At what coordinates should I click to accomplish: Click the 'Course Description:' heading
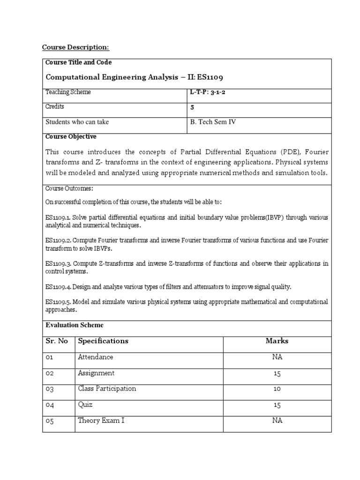click(x=75, y=47)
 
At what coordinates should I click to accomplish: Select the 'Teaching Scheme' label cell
click(x=68, y=92)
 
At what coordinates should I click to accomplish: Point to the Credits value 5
click(x=192, y=107)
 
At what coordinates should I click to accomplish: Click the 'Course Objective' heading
click(x=71, y=137)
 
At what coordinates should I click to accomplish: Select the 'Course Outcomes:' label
click(x=69, y=188)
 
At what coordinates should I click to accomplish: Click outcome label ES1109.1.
click(x=58, y=218)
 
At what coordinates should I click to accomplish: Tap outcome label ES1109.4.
click(x=58, y=286)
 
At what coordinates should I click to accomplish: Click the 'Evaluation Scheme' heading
click(x=75, y=325)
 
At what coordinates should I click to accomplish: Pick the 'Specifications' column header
click(x=103, y=341)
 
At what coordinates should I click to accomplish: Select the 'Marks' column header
click(x=277, y=341)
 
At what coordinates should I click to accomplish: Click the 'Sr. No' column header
click(x=57, y=341)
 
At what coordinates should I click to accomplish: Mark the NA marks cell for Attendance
click(x=277, y=357)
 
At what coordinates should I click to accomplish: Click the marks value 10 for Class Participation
click(x=277, y=389)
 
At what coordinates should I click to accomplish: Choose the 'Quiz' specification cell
click(x=86, y=405)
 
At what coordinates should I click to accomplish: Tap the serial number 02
click(x=50, y=374)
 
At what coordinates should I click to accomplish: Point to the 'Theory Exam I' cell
click(x=101, y=421)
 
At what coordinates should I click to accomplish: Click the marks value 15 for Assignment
click(x=277, y=374)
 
